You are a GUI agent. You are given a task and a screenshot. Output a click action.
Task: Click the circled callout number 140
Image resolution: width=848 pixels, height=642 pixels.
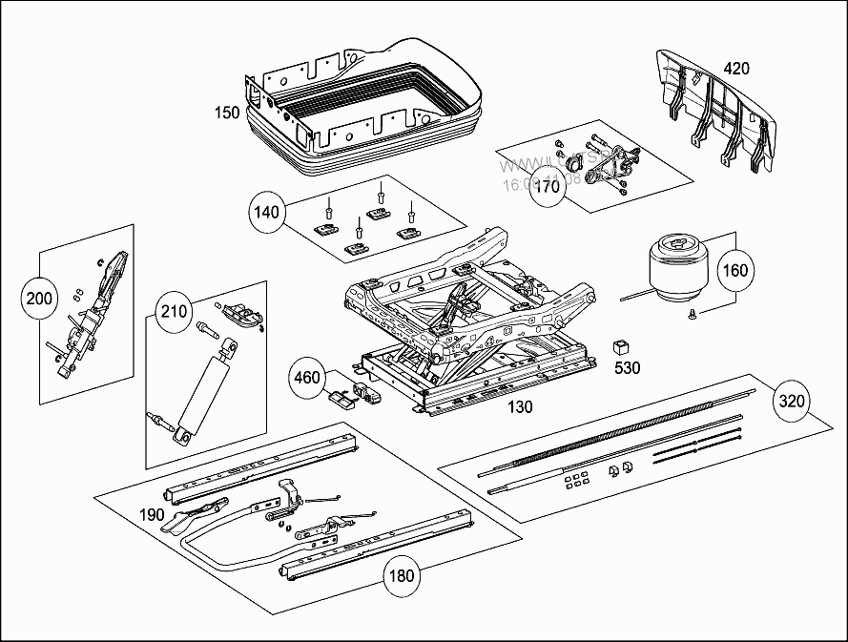[x=268, y=211]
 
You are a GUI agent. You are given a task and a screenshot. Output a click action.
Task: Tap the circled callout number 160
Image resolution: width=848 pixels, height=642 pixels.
[x=734, y=269]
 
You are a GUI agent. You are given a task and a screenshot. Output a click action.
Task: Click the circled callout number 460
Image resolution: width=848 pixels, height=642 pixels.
[x=307, y=378]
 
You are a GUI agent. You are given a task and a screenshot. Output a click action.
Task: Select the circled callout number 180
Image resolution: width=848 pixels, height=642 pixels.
[x=402, y=575]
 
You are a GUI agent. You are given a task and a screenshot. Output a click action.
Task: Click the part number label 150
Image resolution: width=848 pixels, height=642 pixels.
[x=226, y=114]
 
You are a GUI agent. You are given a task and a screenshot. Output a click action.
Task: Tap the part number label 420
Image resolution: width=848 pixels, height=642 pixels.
[x=736, y=69]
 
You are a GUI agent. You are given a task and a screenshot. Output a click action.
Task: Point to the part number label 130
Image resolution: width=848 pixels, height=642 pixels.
[x=520, y=407]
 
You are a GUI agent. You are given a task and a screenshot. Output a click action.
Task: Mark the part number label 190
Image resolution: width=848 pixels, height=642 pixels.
[x=153, y=515]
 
